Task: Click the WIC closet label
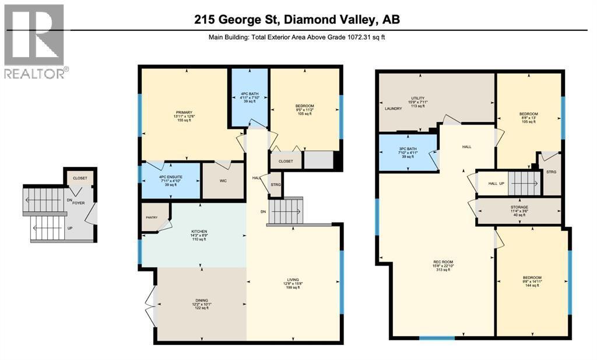222,181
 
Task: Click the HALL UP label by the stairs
496,183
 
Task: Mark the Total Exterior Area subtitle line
297,37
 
